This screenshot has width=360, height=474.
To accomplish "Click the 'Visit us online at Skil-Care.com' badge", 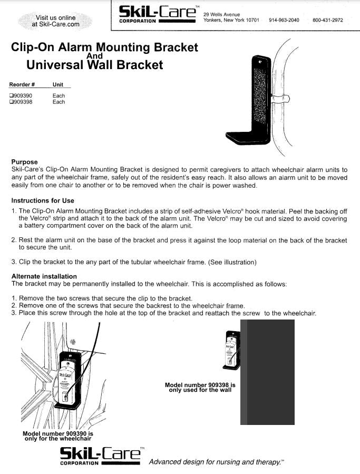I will tap(55, 21).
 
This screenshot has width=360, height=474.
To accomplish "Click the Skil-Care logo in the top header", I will tap(157, 15).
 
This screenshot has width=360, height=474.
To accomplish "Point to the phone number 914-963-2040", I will tap(284, 20).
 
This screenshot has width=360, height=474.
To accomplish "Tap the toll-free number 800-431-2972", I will tap(327, 20).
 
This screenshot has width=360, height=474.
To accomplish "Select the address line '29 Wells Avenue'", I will tap(222, 14).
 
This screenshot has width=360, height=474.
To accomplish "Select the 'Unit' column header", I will tap(58, 84).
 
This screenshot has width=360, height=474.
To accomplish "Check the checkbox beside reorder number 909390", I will tap(11, 96).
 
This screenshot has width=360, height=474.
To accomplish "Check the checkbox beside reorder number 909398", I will tap(11, 102).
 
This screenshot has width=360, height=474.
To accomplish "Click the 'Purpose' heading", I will tap(24, 162).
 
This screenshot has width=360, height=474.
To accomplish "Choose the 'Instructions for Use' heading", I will tap(43, 200).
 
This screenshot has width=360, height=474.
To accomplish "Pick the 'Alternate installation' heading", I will tap(44, 276).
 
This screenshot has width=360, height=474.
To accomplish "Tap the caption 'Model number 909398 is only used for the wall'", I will tap(200, 388).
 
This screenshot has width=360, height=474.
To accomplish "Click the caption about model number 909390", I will tap(57, 436).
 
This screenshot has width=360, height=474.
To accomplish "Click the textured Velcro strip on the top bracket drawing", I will tap(260, 98).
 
